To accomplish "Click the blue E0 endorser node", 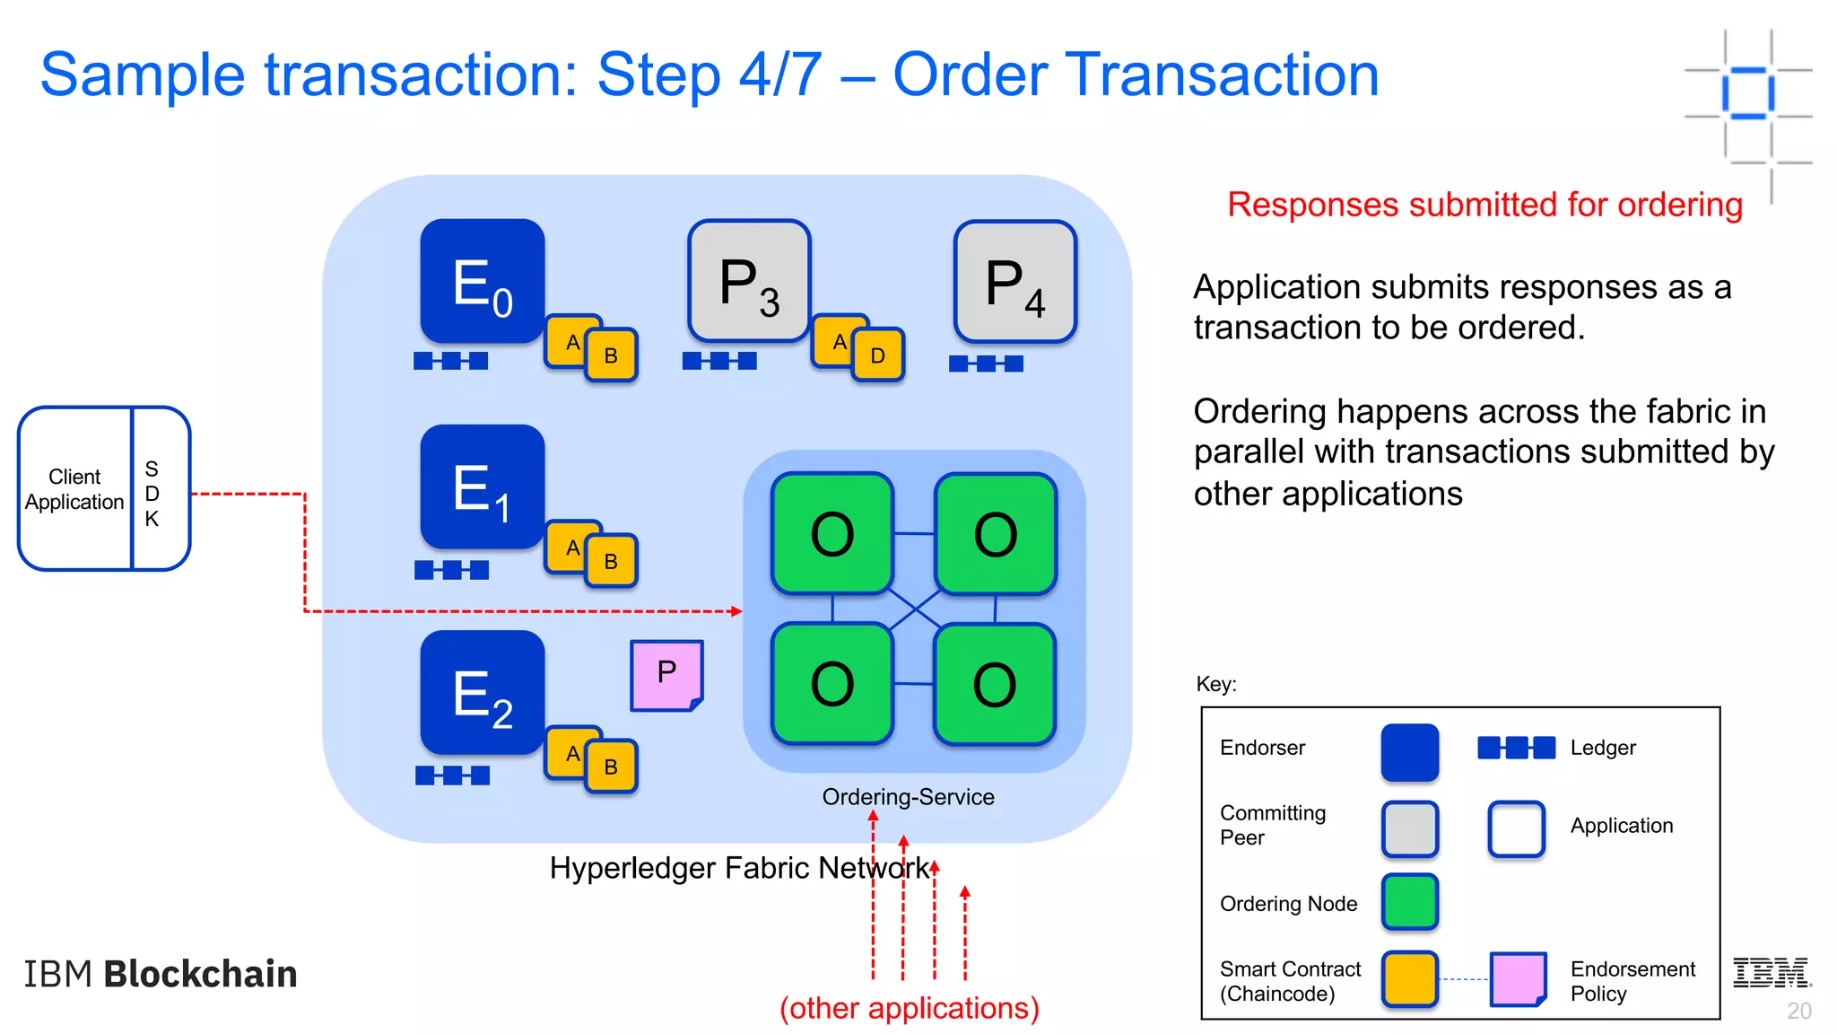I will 483,281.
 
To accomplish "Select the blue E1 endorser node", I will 483,486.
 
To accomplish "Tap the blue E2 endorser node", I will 483,692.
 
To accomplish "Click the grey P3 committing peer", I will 749,281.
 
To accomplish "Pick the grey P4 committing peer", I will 1014,281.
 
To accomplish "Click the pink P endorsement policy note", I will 666,674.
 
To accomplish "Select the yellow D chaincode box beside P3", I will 877,355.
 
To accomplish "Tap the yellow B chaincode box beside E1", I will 611,561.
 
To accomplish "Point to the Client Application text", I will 74,489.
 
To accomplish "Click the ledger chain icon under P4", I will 986,364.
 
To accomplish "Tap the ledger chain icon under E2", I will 452,775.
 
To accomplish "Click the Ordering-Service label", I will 908,797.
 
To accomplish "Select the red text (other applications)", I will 909,1008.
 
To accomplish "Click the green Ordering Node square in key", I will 1409,902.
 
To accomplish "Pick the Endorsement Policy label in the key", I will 1632,981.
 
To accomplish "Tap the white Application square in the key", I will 1516,828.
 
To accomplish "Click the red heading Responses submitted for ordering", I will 1484,205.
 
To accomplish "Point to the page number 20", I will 1798,1011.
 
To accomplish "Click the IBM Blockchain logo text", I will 161,974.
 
